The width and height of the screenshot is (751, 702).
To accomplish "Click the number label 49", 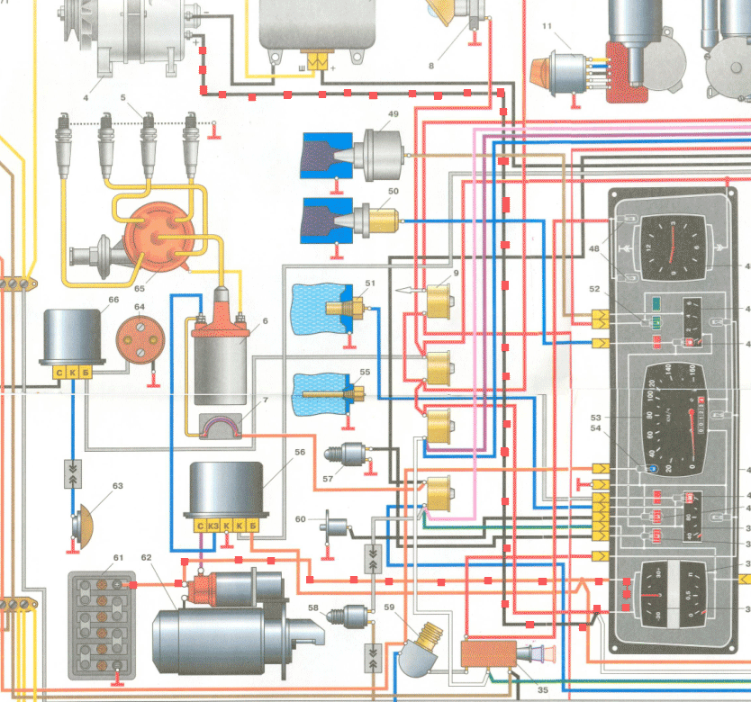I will (393, 114).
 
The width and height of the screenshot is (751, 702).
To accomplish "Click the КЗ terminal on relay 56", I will (213, 525).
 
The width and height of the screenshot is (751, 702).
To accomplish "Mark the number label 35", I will (518, 690).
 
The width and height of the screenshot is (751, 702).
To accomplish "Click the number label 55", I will (365, 372).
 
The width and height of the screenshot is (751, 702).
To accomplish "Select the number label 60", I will (301, 519).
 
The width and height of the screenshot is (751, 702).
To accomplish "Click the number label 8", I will (430, 65).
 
